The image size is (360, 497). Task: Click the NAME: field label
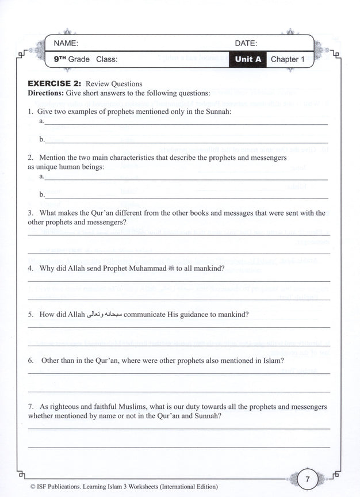66,43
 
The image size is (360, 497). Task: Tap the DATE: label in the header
246,43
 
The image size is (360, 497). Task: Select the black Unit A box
247,59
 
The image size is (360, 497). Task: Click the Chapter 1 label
285,59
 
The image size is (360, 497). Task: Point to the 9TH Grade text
72,59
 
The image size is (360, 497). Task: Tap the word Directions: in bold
47,93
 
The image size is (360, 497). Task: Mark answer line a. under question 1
184,123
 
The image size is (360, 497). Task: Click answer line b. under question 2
184,197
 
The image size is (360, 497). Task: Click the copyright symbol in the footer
30,487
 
